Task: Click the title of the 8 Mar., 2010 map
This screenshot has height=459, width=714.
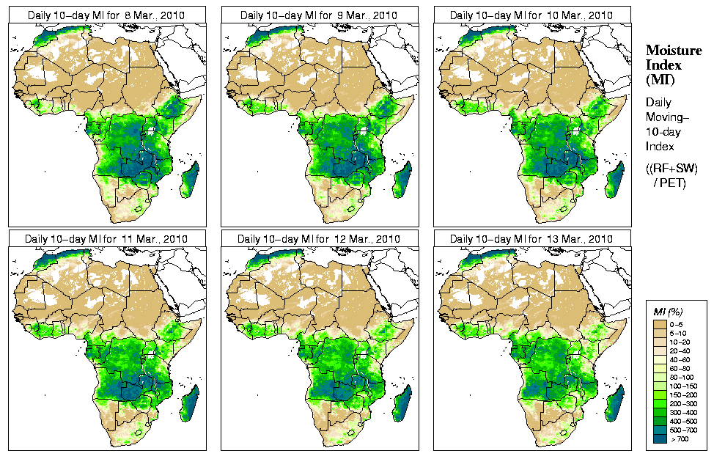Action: [106, 15]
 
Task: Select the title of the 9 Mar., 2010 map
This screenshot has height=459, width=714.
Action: [319, 15]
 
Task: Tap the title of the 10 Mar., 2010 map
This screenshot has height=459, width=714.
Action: [531, 15]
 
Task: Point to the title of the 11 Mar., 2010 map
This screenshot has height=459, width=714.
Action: [106, 239]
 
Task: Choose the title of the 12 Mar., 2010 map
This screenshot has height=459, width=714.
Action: [319, 239]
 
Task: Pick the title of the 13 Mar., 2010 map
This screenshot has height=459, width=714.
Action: [531, 239]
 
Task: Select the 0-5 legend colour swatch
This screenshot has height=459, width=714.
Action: [660, 323]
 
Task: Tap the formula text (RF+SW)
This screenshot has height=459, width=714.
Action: [671, 169]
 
